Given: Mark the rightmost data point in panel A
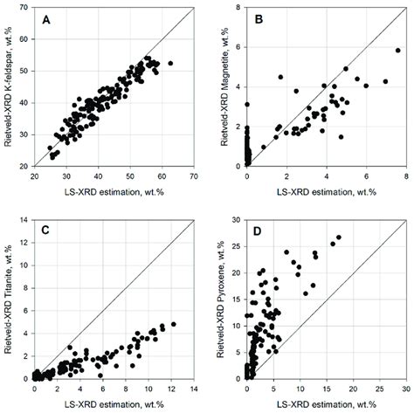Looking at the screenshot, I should coord(170,63).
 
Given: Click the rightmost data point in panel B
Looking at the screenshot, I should coord(397,50).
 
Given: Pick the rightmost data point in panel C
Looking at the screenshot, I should coord(173,324).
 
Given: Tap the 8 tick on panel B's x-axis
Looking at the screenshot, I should coord(406,176).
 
